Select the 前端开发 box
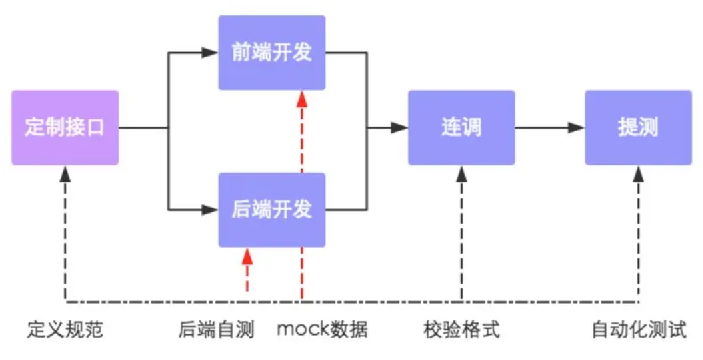272,51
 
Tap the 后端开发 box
272,210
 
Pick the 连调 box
461,128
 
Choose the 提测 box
638,128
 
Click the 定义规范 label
65,329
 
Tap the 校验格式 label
461,329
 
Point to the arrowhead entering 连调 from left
400,128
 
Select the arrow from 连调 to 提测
550,128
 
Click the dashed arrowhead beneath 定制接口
65,173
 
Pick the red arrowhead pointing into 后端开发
247,255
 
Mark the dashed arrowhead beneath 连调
461,173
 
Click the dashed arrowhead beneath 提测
638,173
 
